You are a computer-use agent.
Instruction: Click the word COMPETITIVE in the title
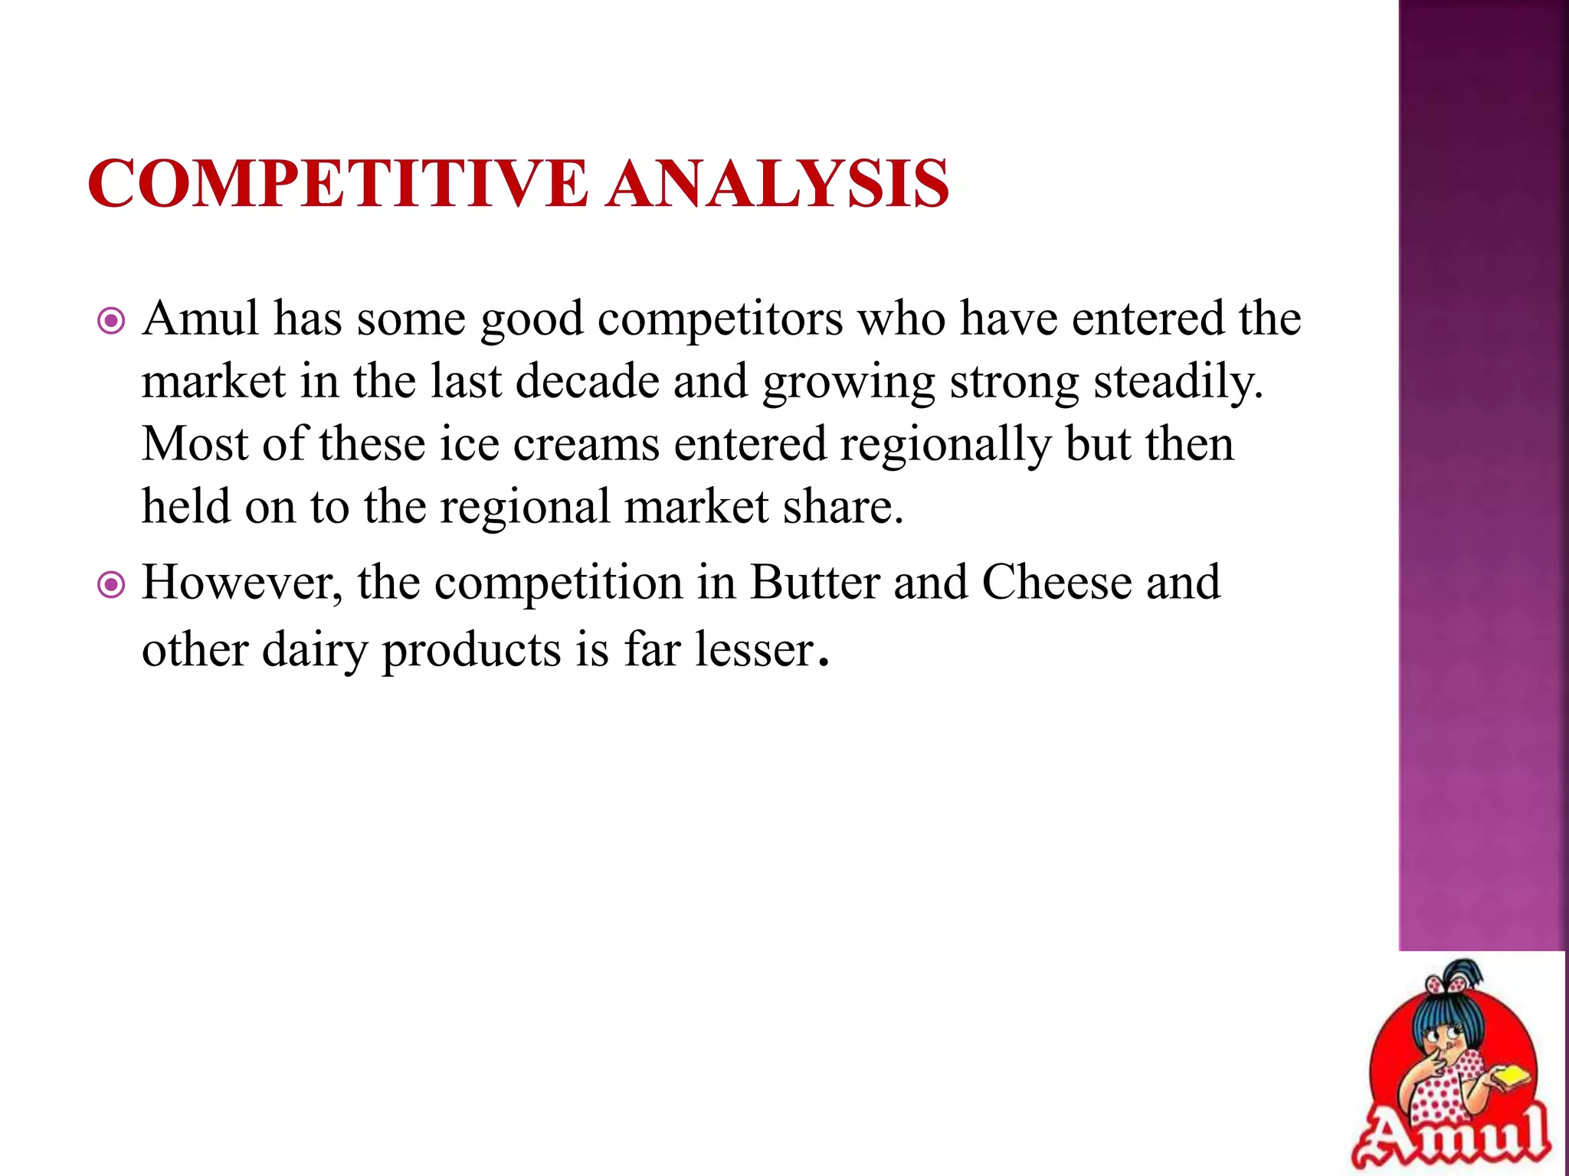[337, 184]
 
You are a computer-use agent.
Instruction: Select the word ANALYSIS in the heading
[778, 184]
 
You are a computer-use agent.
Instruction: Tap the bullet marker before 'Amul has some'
[112, 322]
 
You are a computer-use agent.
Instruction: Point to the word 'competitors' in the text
[719, 318]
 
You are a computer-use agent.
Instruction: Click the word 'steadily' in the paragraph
[1177, 381]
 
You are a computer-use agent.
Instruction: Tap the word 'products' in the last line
[471, 651]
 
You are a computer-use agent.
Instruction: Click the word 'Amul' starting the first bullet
[201, 318]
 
